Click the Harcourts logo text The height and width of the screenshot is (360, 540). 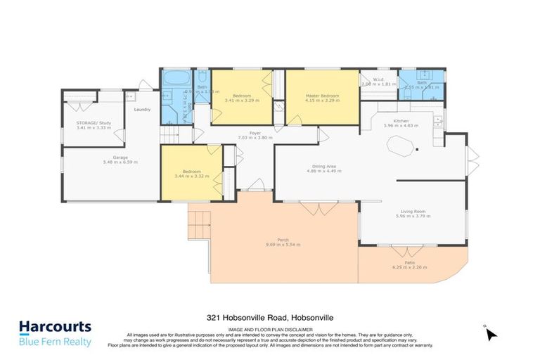point(55,327)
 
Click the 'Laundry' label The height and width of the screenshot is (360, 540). point(142,110)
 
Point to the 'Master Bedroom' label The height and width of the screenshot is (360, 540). point(322,96)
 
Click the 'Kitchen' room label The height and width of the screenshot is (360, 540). point(401,121)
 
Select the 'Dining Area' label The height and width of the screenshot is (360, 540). point(324,167)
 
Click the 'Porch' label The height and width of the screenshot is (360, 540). point(283,240)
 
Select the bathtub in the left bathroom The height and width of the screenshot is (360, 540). point(174,77)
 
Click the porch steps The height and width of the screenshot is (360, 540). point(200,225)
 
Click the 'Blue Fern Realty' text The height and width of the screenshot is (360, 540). point(55,342)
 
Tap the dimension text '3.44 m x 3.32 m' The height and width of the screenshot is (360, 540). point(193,176)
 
